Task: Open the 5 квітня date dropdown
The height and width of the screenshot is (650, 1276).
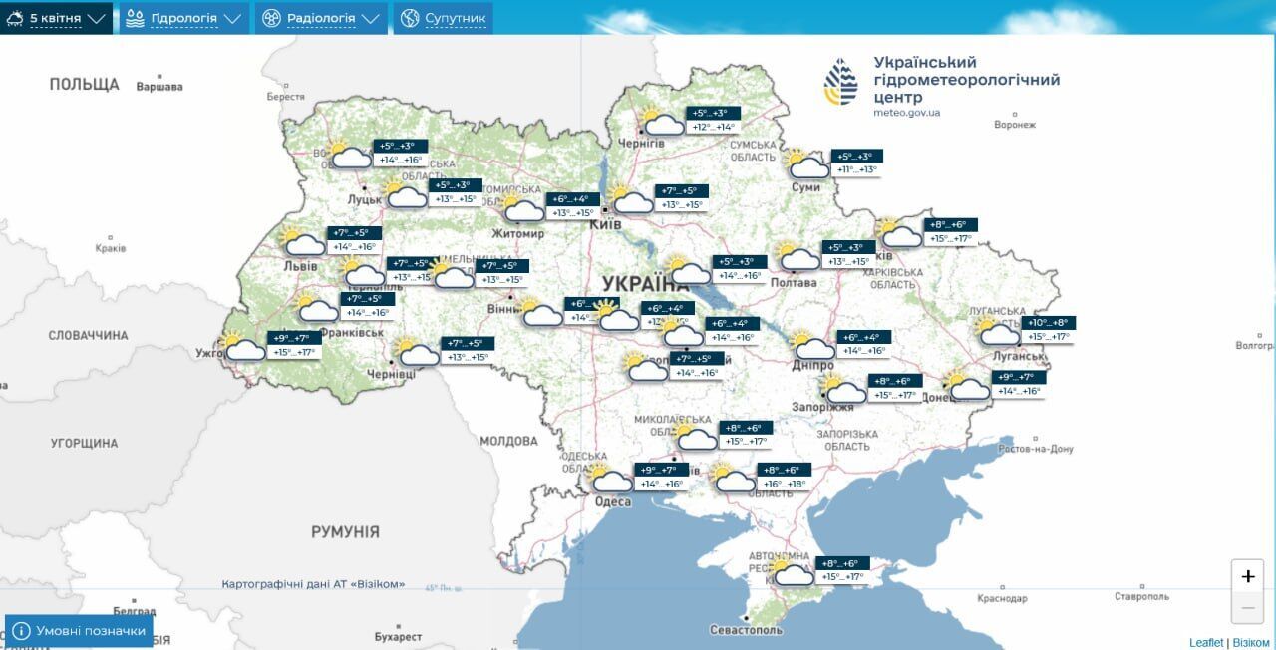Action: (x=56, y=18)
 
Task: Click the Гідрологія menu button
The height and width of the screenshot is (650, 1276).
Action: (x=183, y=18)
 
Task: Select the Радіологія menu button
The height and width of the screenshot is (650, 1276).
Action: (x=321, y=18)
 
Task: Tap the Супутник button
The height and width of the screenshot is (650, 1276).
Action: (x=443, y=18)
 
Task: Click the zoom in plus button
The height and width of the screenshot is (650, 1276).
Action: (x=1247, y=576)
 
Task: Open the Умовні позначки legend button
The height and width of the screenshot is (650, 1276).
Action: (x=79, y=631)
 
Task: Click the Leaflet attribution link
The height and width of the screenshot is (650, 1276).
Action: (x=1205, y=642)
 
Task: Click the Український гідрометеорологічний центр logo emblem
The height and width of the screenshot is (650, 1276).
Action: (x=840, y=82)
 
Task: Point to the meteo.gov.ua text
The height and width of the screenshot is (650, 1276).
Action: (x=906, y=113)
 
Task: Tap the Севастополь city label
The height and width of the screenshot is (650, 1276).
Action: (x=746, y=630)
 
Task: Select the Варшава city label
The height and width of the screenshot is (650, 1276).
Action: (x=159, y=87)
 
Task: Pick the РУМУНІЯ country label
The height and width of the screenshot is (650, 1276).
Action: (x=345, y=532)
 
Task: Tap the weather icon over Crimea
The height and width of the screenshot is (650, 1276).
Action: (x=792, y=573)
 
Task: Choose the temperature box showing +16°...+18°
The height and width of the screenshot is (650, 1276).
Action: (x=785, y=485)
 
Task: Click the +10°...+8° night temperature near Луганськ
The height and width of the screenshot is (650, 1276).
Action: (x=1050, y=323)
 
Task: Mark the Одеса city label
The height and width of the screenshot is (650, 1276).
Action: (x=613, y=502)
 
